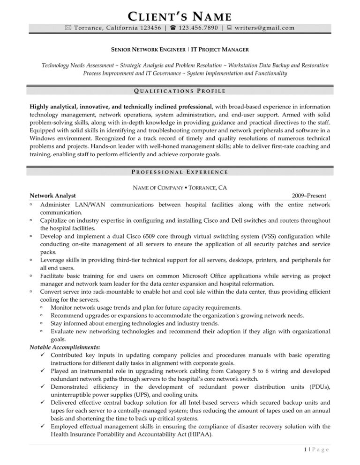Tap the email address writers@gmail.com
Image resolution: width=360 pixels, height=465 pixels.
coord(265,28)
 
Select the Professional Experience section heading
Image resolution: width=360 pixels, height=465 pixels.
coord(180,172)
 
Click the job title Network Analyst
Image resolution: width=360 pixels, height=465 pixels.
coord(52,196)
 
